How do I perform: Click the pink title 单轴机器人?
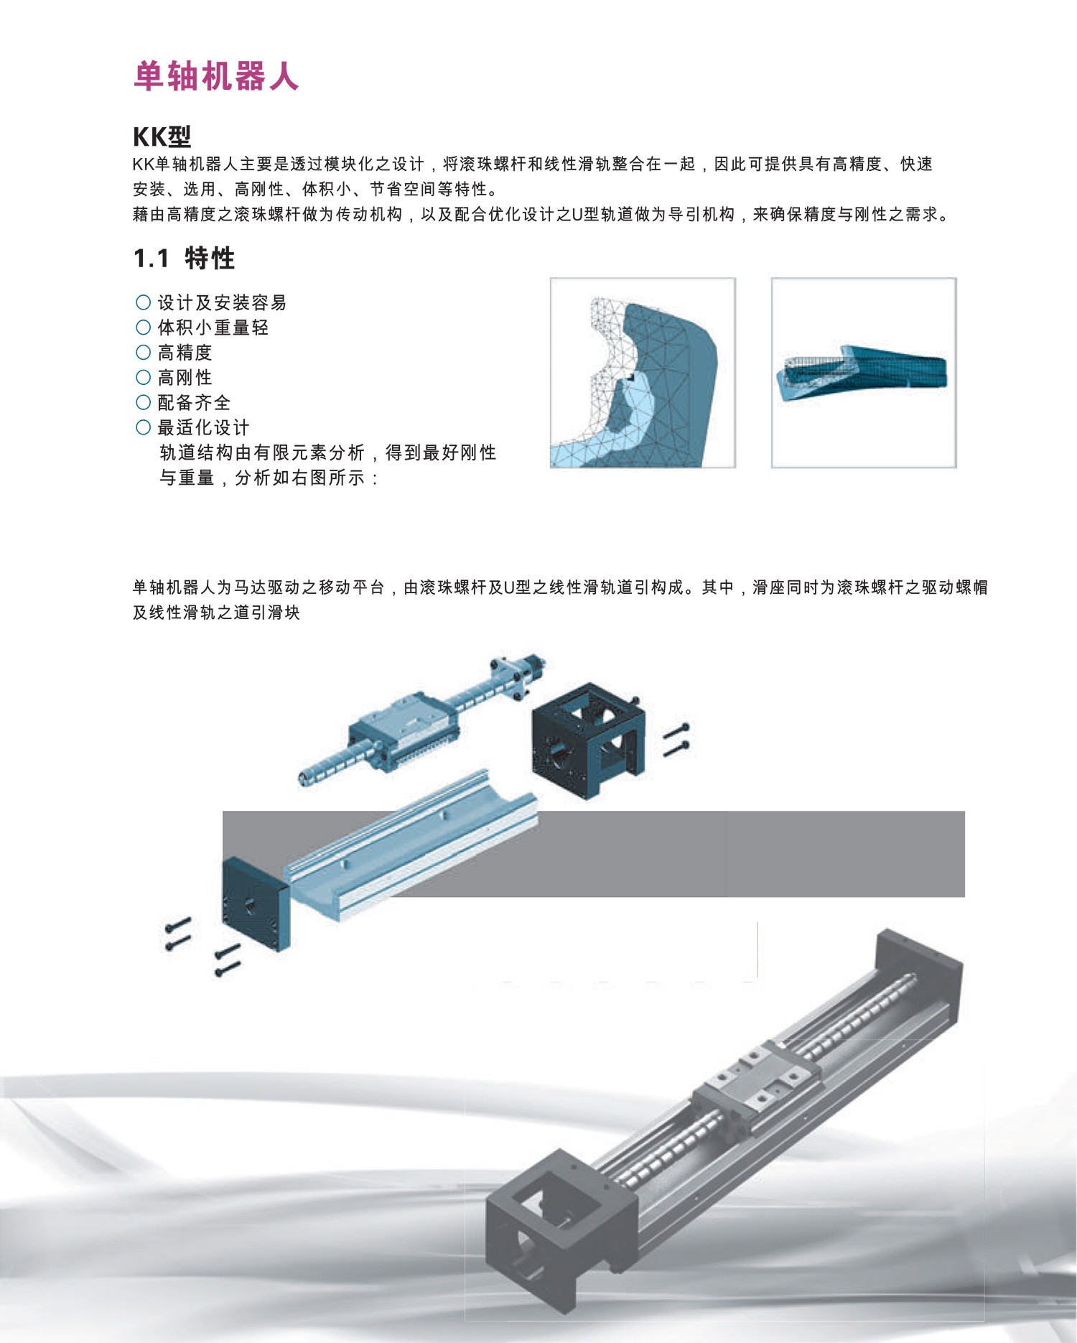click(x=215, y=75)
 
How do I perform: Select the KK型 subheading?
click(x=162, y=136)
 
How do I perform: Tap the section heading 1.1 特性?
click(x=185, y=258)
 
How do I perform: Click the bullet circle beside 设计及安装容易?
click(x=143, y=302)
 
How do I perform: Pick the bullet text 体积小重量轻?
click(x=213, y=327)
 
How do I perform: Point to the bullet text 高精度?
click(x=185, y=353)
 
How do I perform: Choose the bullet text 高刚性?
click(x=185, y=378)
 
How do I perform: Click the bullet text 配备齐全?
click(x=194, y=403)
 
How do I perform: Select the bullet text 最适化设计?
click(x=203, y=428)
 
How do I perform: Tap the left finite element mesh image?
click(x=643, y=373)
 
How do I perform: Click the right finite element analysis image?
click(x=864, y=373)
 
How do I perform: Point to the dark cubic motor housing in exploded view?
click(x=588, y=740)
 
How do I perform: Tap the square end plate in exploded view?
click(x=256, y=903)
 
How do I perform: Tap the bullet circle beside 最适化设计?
click(x=143, y=428)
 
